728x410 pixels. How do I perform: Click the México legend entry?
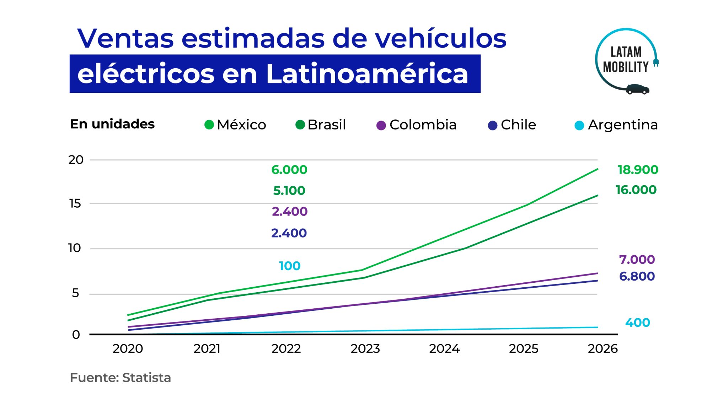tap(235, 125)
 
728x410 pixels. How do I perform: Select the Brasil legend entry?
tap(321, 125)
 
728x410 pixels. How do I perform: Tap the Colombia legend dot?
tap(381, 126)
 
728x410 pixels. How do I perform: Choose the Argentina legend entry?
tap(616, 125)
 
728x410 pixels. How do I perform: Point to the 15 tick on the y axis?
tap(75, 203)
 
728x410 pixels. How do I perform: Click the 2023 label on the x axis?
tap(365, 349)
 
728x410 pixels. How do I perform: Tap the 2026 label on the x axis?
tap(603, 349)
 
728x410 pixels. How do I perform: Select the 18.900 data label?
tap(638, 170)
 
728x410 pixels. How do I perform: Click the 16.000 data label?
tap(636, 190)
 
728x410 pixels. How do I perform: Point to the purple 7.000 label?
tap(637, 260)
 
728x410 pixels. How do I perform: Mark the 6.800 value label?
tap(637, 276)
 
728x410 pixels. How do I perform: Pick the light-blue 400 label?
tap(637, 323)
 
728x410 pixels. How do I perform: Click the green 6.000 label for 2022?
tap(289, 170)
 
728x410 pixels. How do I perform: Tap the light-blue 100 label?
tap(289, 266)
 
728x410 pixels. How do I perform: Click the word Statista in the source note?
tap(146, 378)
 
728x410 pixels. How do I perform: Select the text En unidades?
tap(112, 124)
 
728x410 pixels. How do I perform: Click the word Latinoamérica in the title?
tap(367, 74)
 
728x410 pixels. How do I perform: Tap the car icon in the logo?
tap(637, 89)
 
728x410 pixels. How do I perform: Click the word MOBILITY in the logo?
tap(626, 67)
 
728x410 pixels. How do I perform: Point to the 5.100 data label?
tap(289, 191)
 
